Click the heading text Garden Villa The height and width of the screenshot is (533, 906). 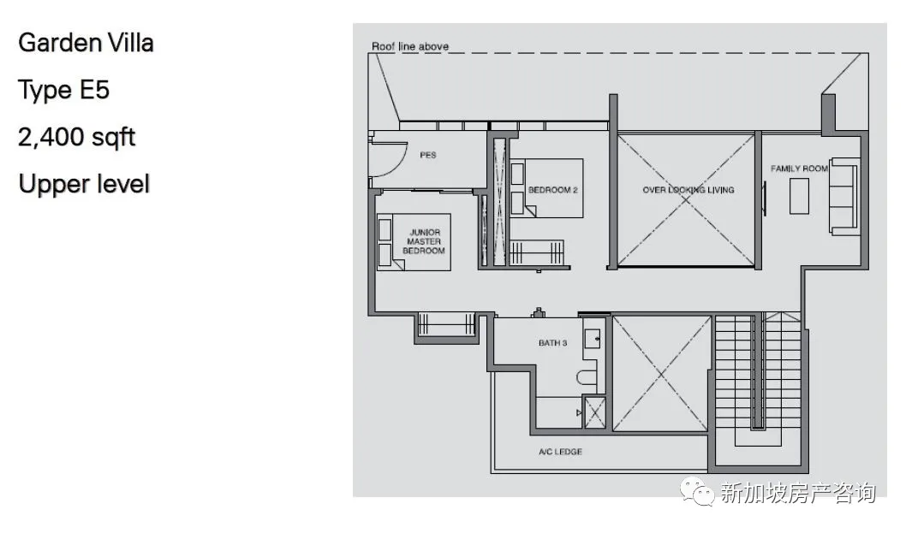(x=86, y=44)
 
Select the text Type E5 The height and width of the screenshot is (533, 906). (x=63, y=90)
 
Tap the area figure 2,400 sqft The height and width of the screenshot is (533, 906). (x=77, y=138)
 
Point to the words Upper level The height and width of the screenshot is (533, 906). (x=85, y=184)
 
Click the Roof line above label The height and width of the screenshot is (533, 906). (x=409, y=46)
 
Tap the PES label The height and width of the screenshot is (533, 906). (x=428, y=155)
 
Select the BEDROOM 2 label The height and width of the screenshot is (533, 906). (x=553, y=189)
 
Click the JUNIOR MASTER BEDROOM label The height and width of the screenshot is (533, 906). (x=424, y=241)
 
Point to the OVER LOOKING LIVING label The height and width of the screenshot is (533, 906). (x=688, y=189)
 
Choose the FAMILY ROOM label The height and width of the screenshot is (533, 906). (x=799, y=169)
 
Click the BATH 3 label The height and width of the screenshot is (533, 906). (x=553, y=343)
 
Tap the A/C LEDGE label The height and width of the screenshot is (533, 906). (x=561, y=452)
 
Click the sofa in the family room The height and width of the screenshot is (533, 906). (x=843, y=196)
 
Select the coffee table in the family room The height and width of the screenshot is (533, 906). (x=800, y=196)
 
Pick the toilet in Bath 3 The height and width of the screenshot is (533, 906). (x=587, y=377)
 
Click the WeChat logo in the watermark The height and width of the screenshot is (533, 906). (x=697, y=491)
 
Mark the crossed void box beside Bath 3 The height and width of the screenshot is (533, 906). (x=661, y=374)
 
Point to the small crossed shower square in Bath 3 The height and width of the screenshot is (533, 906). (x=594, y=412)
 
